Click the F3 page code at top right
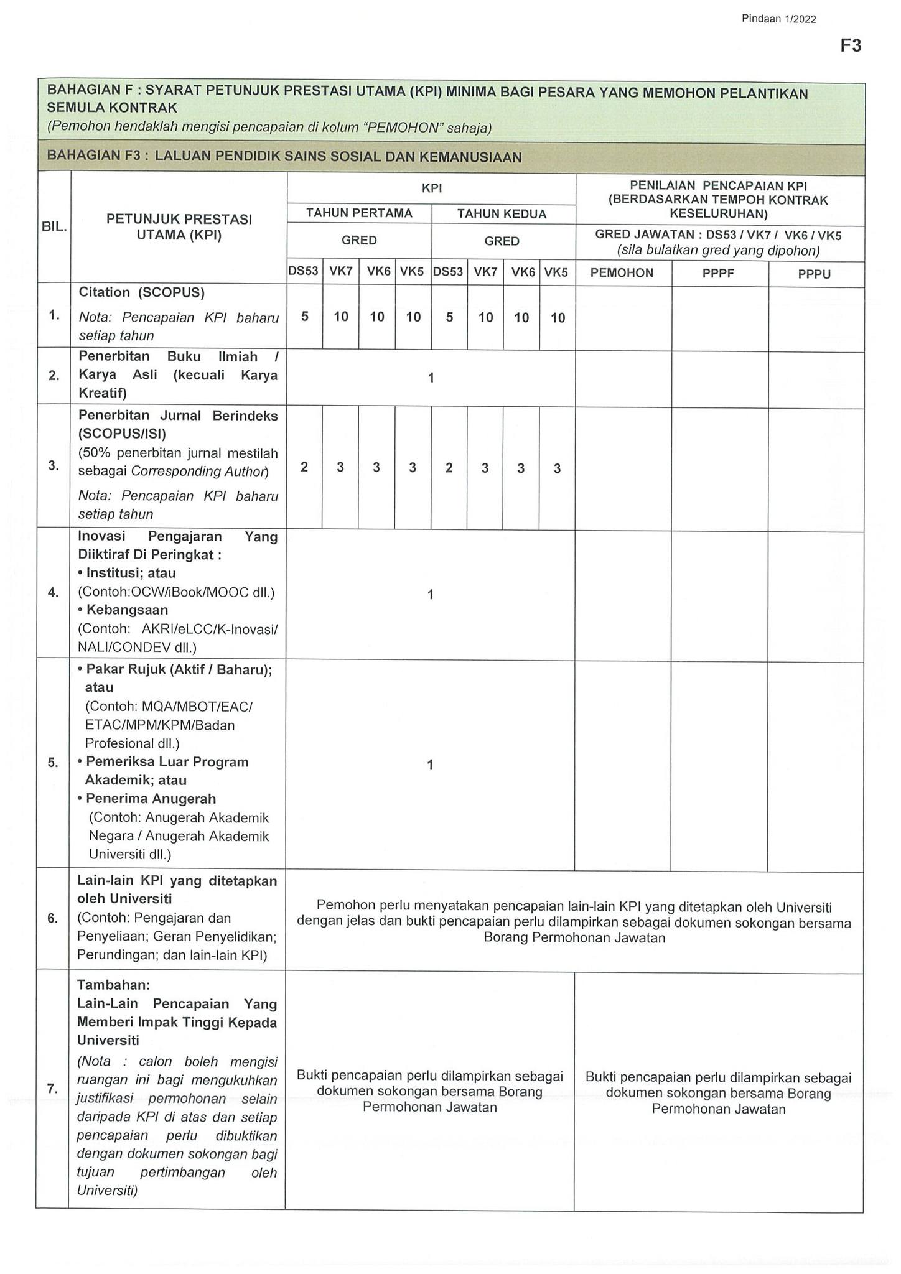(851, 45)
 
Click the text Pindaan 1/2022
(778, 19)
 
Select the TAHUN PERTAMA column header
(359, 213)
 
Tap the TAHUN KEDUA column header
(502, 214)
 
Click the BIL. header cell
(54, 227)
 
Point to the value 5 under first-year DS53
(304, 316)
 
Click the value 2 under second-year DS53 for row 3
(449, 467)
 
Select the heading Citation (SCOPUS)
(141, 292)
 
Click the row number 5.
(53, 763)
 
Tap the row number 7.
(52, 1089)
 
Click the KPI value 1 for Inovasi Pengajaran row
(430, 595)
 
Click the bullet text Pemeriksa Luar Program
(167, 762)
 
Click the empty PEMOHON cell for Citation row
(623, 317)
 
